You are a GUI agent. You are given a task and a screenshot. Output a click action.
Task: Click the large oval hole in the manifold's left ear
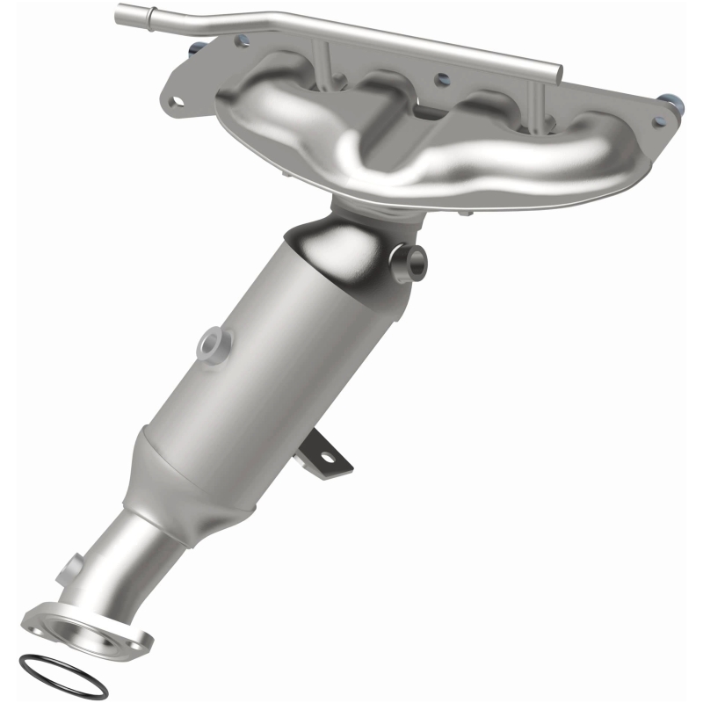click(x=178, y=99)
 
